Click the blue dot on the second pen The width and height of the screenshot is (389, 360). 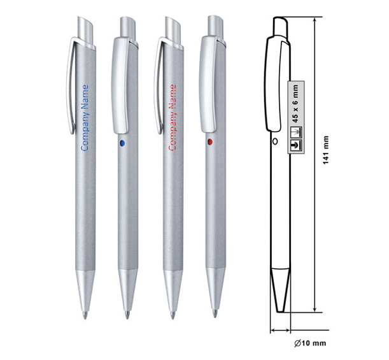click(122, 143)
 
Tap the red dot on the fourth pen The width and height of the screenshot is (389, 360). click(210, 141)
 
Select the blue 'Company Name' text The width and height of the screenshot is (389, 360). click(85, 118)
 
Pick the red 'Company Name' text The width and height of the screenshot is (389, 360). click(173, 117)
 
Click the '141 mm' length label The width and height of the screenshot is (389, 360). click(326, 150)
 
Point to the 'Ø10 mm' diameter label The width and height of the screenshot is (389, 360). click(310, 343)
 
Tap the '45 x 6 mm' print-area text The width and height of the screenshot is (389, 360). click(295, 104)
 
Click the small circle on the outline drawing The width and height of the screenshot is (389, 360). click(275, 141)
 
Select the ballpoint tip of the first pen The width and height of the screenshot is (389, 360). click(85, 315)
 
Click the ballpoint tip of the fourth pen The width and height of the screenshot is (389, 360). click(215, 313)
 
